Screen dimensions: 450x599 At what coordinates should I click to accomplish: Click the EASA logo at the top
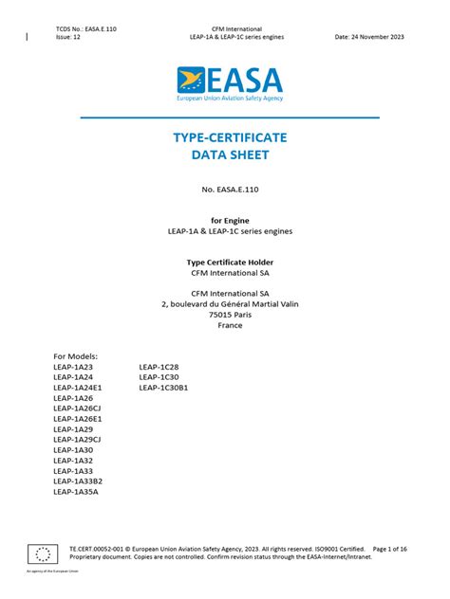pyautogui.click(x=229, y=83)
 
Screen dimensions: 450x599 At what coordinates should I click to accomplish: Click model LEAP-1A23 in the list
pyautogui.click(x=73, y=366)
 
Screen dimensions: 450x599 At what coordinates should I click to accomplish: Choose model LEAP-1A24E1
pyautogui.click(x=77, y=387)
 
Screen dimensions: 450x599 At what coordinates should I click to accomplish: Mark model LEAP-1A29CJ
pyautogui.click(x=77, y=440)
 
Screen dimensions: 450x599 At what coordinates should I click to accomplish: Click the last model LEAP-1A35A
pyautogui.click(x=76, y=492)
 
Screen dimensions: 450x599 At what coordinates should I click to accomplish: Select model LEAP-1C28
pyautogui.click(x=159, y=366)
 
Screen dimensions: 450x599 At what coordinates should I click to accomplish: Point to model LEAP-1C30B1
pyautogui.click(x=163, y=387)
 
